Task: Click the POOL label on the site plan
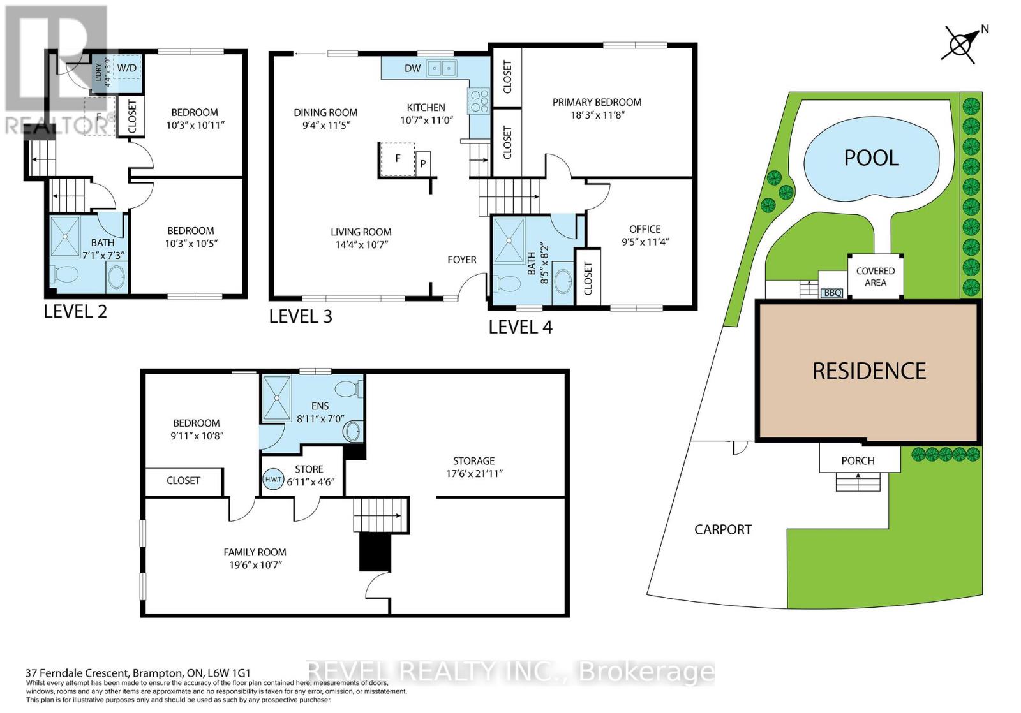pyautogui.click(x=871, y=158)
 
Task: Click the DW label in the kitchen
pyautogui.click(x=412, y=68)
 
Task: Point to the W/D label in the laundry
pyautogui.click(x=126, y=68)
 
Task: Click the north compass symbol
pyautogui.click(x=961, y=44)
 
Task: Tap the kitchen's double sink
pyautogui.click(x=442, y=67)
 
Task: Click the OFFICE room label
pyautogui.click(x=645, y=229)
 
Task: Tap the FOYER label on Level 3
pyautogui.click(x=461, y=260)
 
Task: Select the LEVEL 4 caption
pyautogui.click(x=520, y=327)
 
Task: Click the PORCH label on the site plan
pyautogui.click(x=858, y=460)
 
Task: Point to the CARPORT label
pyautogui.click(x=722, y=529)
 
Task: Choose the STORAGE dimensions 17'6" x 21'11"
pyautogui.click(x=473, y=474)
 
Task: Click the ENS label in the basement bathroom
pyautogui.click(x=320, y=406)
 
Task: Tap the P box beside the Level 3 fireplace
pyautogui.click(x=423, y=164)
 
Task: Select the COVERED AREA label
pyautogui.click(x=875, y=277)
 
